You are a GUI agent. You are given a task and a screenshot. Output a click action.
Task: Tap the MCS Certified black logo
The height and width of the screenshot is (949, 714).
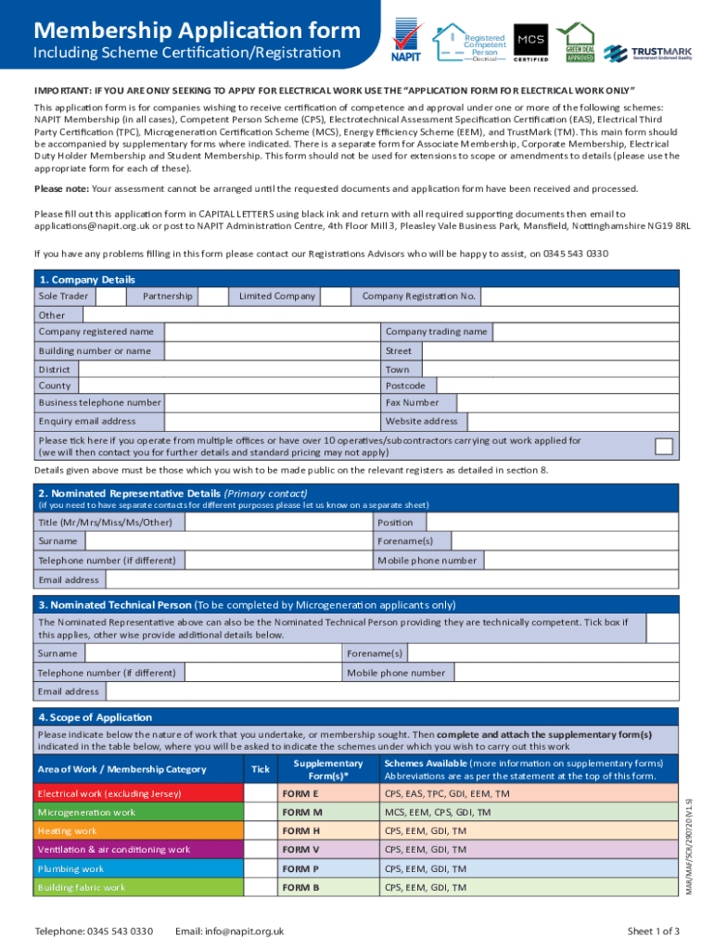click(530, 41)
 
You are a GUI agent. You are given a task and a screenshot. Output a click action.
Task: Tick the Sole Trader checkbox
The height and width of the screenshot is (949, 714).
click(111, 297)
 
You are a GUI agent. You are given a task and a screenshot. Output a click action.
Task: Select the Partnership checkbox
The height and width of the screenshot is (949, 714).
click(214, 297)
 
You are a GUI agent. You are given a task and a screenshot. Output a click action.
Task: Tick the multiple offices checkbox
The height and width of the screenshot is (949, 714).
click(664, 446)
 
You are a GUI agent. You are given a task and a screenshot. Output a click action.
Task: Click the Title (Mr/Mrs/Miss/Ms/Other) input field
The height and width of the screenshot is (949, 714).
click(274, 523)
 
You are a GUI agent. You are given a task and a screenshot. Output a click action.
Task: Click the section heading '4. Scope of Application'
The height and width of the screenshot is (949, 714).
click(95, 717)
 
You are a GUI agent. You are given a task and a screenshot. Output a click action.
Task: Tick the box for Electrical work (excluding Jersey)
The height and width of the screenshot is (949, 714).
click(261, 794)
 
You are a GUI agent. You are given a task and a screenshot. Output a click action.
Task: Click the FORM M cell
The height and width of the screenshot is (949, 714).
click(325, 813)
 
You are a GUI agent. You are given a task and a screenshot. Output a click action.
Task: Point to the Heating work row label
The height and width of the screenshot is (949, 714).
click(67, 831)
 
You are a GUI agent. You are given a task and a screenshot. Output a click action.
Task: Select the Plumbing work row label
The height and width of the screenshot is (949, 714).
click(70, 869)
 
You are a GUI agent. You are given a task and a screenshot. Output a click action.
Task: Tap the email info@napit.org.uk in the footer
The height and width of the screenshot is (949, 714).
click(229, 931)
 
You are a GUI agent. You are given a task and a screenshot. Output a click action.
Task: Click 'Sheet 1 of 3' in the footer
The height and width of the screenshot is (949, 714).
click(653, 931)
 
